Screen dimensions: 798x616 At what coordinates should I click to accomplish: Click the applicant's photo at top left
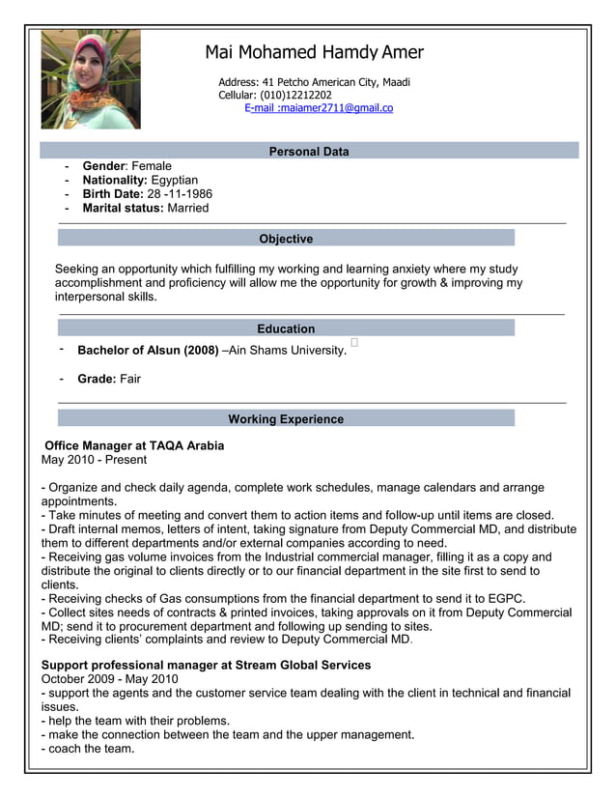(x=91, y=79)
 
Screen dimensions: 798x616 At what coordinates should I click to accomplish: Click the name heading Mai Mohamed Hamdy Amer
(x=314, y=52)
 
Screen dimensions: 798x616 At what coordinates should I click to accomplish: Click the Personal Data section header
(x=309, y=152)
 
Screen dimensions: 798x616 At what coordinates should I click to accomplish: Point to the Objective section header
(x=286, y=239)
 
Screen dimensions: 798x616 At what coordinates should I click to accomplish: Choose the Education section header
(x=286, y=328)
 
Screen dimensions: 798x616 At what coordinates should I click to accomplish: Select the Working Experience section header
(x=286, y=419)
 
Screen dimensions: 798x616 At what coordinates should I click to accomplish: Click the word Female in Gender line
(x=152, y=166)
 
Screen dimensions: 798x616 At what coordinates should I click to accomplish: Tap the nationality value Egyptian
(x=175, y=180)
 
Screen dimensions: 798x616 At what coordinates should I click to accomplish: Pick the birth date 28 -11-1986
(x=180, y=194)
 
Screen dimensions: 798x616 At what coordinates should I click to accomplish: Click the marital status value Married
(x=188, y=208)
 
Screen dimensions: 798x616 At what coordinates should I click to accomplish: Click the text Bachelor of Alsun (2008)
(x=148, y=350)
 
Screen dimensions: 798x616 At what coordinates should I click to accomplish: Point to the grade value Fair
(x=130, y=379)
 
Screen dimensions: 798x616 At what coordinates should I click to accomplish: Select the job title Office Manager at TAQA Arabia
(x=134, y=445)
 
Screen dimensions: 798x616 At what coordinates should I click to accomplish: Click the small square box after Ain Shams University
(x=354, y=342)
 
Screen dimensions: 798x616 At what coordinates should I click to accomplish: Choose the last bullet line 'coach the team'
(x=88, y=749)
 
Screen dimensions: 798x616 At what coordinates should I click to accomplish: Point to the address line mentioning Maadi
(x=314, y=82)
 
